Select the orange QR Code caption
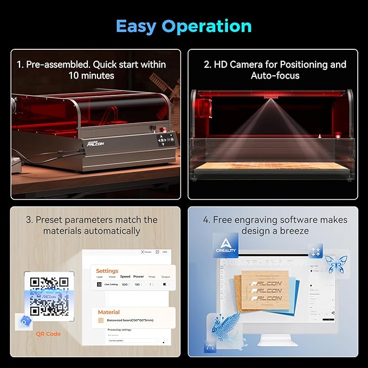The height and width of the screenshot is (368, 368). pos(48,334)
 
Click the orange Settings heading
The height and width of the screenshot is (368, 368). pos(107,271)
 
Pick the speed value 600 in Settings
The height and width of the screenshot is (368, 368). pos(125,284)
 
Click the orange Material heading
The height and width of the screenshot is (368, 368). pos(109,312)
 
